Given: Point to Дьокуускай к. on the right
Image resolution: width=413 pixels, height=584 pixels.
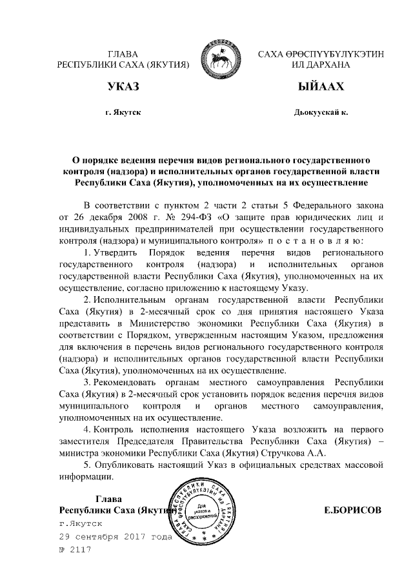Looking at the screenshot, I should click(321, 113).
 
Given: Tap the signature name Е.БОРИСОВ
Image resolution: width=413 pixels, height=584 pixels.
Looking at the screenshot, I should click(352, 510).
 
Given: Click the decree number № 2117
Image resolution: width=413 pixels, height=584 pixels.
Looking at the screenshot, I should click(75, 550).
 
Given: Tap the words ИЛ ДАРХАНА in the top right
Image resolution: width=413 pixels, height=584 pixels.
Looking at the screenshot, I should click(320, 65).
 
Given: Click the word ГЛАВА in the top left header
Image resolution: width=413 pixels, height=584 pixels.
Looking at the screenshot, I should click(123, 54).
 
